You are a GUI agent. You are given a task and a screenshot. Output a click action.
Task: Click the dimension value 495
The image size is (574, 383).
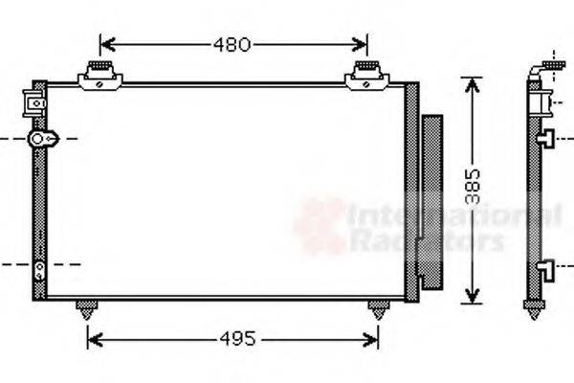pyautogui.click(x=232, y=338)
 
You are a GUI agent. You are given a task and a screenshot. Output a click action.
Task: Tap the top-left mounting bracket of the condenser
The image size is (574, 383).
pyautogui.click(x=99, y=76)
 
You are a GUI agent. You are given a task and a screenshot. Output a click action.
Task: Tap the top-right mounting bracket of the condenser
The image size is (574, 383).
pyautogui.click(x=366, y=76)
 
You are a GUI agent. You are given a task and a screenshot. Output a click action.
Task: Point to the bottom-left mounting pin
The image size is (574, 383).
pyautogui.click(x=87, y=309)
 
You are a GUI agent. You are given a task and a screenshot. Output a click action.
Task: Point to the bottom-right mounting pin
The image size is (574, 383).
pyautogui.click(x=379, y=309)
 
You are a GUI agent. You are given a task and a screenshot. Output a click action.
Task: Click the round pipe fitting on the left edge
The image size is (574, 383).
pyautogui.click(x=40, y=140)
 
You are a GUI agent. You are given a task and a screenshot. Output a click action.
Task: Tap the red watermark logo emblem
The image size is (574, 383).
pyautogui.click(x=319, y=226)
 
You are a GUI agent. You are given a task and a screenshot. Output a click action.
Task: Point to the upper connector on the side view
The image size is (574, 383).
pyautogui.click(x=545, y=138)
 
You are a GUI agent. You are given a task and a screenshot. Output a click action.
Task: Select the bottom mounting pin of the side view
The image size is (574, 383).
pyautogui.click(x=533, y=310)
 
